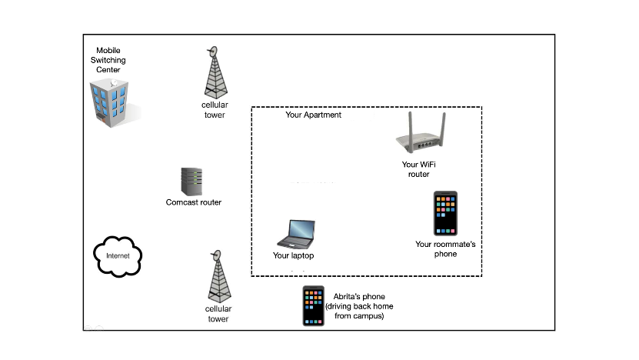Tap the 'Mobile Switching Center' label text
111,59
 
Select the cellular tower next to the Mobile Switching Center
212,74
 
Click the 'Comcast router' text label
194,203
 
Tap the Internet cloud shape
118,254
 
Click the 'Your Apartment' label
313,115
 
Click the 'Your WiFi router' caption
418,169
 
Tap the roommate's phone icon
445,213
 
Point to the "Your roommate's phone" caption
445,249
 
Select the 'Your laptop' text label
294,256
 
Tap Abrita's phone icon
313,306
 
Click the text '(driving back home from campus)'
359,312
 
